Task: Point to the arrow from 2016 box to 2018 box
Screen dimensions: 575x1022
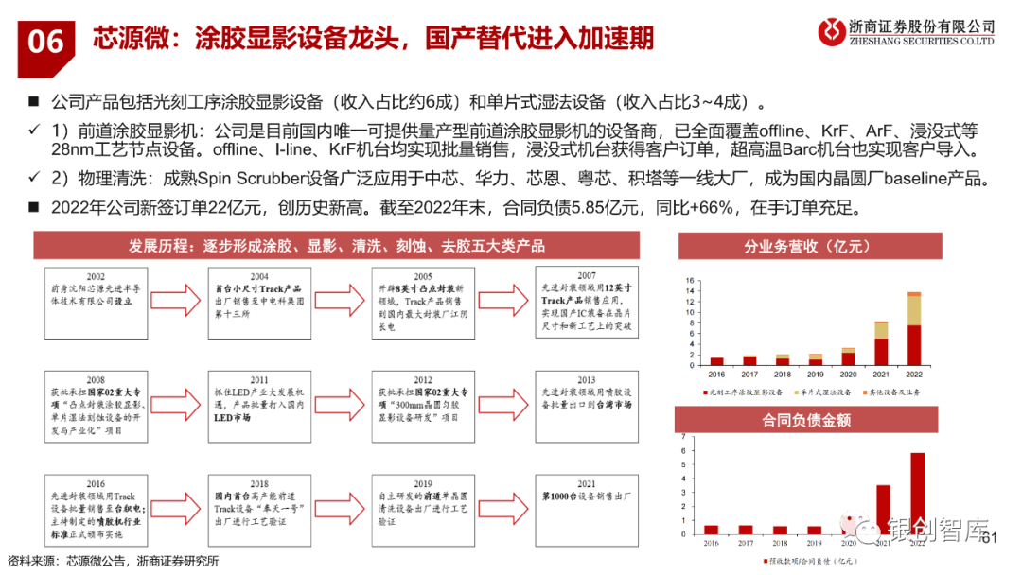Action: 184,501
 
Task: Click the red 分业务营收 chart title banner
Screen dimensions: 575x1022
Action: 809,247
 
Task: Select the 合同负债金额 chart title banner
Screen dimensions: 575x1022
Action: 809,421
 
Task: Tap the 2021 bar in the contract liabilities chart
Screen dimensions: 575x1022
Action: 883,510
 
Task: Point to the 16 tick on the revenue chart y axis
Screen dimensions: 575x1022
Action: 692,280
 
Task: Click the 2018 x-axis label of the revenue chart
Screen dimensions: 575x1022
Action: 782,374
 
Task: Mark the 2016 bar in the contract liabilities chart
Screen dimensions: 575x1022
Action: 712,530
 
